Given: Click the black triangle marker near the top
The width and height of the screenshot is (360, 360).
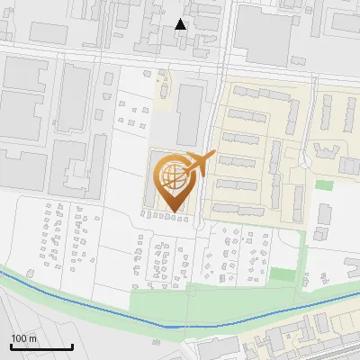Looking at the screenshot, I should pyautogui.click(x=181, y=24).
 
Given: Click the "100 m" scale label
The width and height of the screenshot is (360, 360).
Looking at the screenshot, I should pyautogui.click(x=24, y=338).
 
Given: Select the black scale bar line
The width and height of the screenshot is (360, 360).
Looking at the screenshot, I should pyautogui.click(x=41, y=346).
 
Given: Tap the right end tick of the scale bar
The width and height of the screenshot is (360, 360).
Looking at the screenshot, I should pyautogui.click(x=73, y=345).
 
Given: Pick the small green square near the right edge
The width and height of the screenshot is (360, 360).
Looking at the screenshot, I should pyautogui.click(x=324, y=184).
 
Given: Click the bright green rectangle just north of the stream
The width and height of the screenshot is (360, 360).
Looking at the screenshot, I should pyautogui.click(x=282, y=274).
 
